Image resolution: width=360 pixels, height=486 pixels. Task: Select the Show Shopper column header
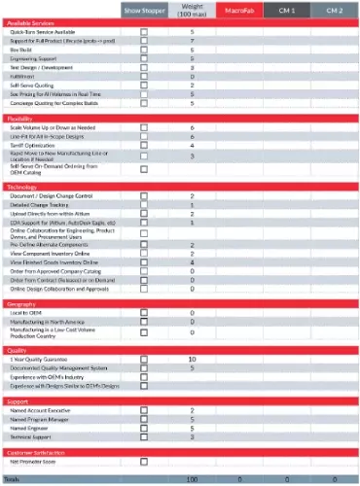[145, 10]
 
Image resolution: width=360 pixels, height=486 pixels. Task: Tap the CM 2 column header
[335, 10]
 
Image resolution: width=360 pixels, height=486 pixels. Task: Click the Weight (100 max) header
[192, 10]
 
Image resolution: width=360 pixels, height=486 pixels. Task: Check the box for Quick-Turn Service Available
[144, 31]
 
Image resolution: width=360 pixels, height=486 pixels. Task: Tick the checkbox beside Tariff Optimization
[144, 146]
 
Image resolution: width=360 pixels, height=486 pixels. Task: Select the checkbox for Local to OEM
[144, 312]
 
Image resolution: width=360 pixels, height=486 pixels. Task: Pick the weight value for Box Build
[192, 48]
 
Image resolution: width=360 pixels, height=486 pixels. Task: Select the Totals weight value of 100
[192, 479]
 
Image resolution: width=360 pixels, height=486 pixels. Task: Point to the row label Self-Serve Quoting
[32, 83]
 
